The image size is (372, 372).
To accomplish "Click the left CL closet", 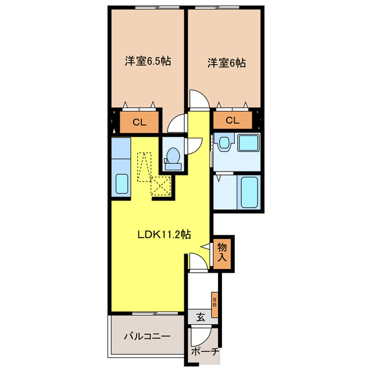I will coord(139,121).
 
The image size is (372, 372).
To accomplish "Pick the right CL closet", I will coord(232,120).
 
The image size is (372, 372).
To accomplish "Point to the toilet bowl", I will coord(173,156).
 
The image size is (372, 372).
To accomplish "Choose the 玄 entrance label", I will coord(200,317).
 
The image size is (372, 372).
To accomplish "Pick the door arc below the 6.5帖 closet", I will coord(175,124).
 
